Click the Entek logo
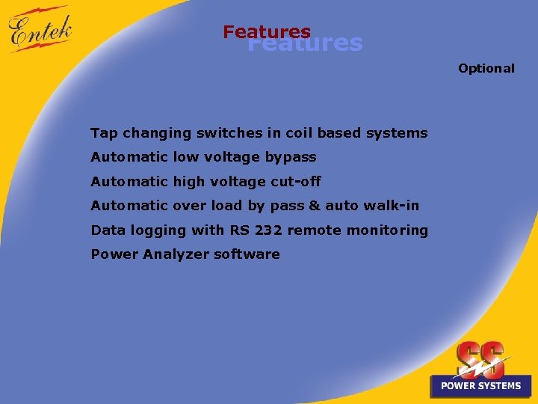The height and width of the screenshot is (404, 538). [40, 30]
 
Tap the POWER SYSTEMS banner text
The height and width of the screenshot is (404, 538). [480, 386]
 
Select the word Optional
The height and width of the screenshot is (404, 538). [486, 68]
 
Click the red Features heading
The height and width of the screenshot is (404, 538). [266, 31]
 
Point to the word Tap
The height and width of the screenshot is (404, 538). [104, 133]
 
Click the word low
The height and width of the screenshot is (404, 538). [184, 157]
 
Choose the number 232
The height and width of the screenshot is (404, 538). [268, 230]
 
